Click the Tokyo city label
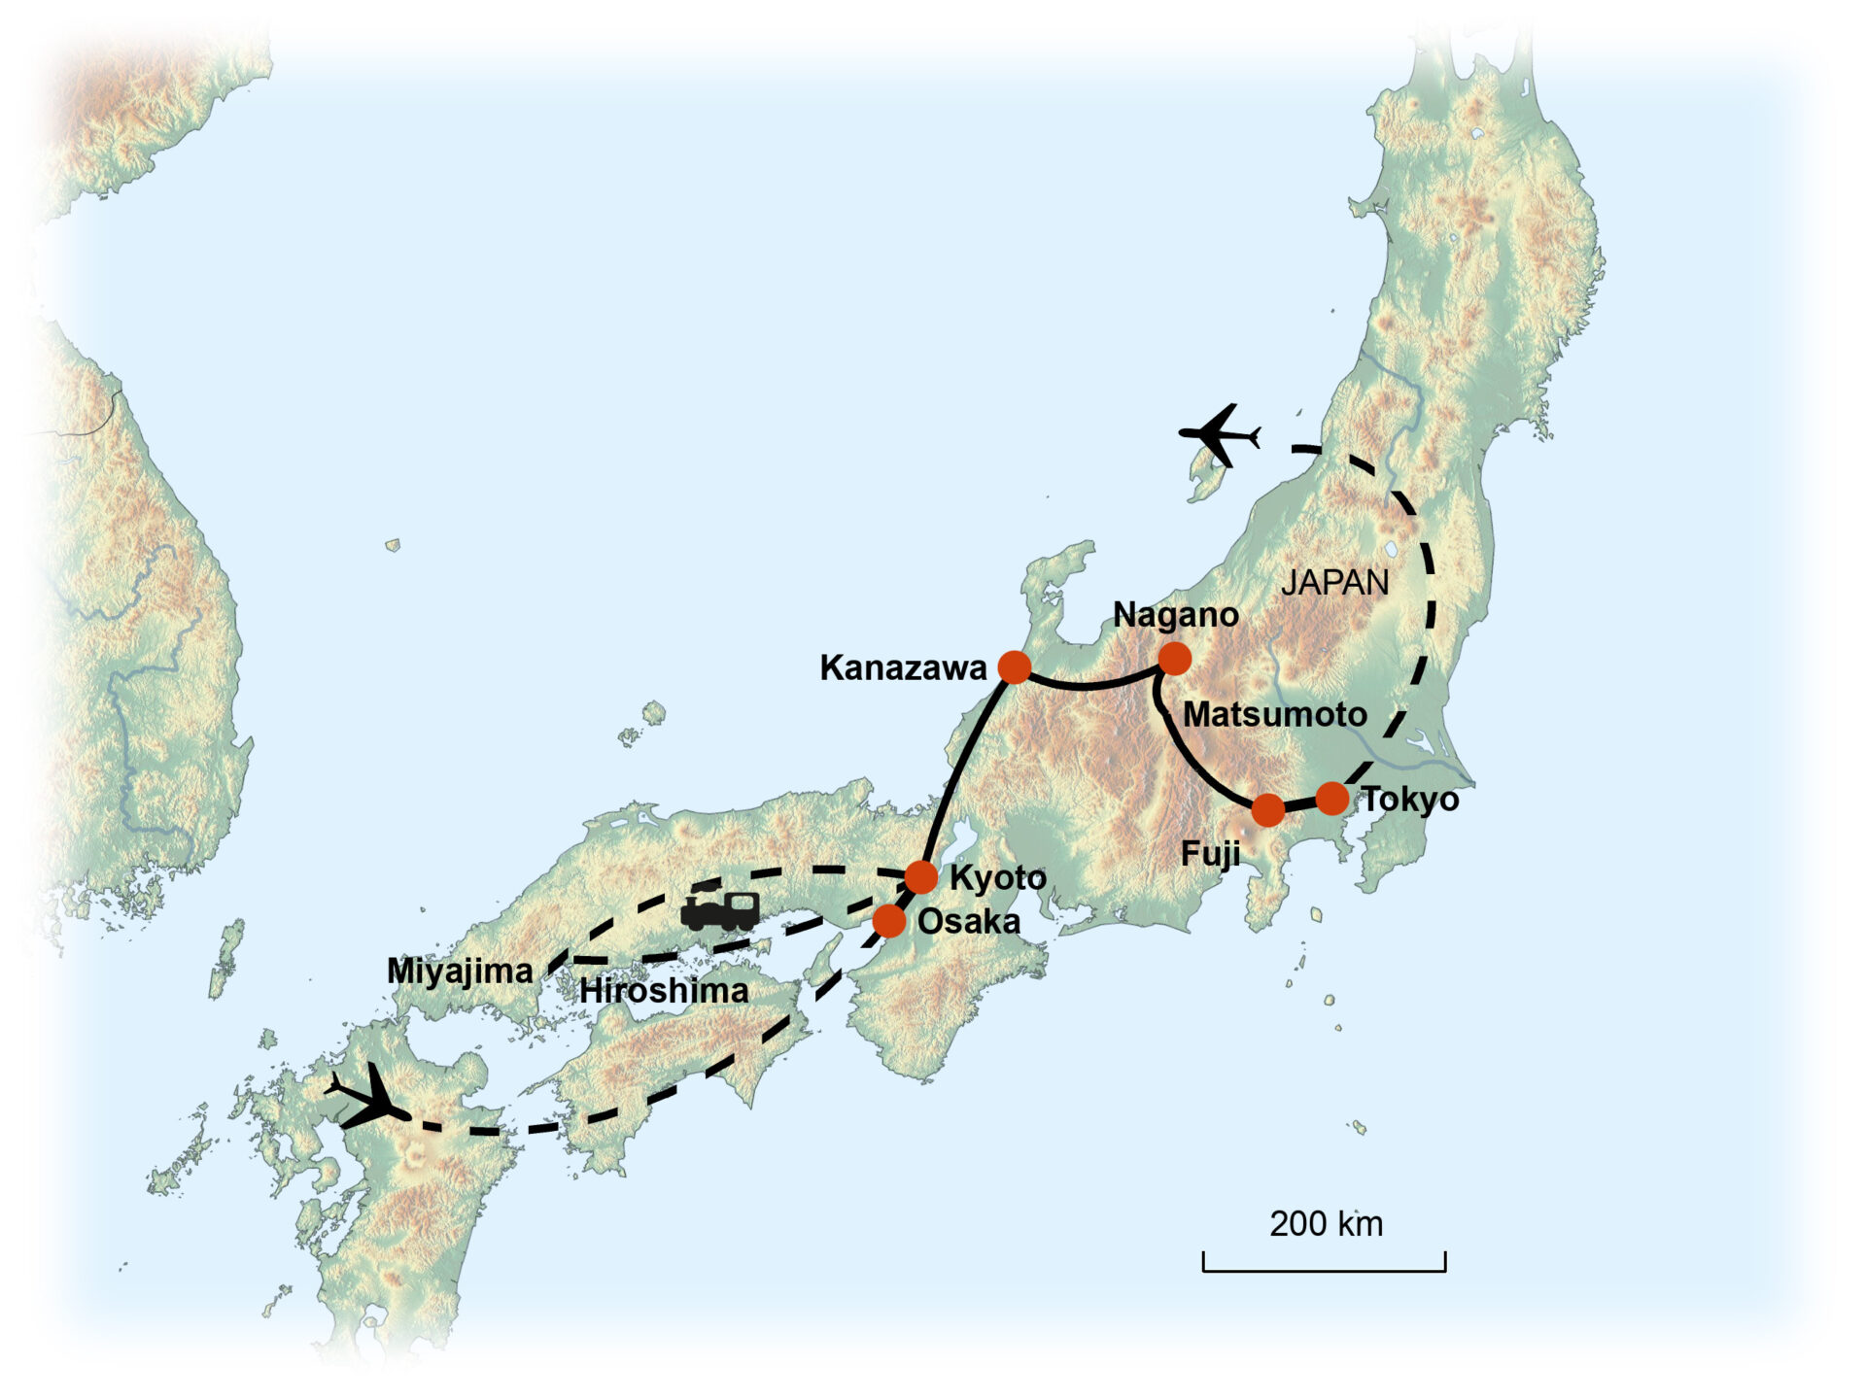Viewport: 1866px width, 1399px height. pos(1409,800)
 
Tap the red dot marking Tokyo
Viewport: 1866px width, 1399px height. pos(1332,799)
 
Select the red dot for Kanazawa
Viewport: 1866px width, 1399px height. pos(1015,667)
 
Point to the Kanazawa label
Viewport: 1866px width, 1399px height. pos(903,668)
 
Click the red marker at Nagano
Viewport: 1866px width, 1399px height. pos(1175,659)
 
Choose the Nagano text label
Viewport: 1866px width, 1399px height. pos(1175,615)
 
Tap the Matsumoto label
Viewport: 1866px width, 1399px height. pos(1274,715)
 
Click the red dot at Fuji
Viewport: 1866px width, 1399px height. pos(1268,809)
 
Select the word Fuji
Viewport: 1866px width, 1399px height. pos(1210,855)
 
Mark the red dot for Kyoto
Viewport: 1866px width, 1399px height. pos(921,876)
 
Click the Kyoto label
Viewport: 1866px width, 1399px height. pos(997,877)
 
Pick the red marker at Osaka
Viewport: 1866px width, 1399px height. pos(889,920)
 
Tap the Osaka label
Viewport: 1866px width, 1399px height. pos(968,922)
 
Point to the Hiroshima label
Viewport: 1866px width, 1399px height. pos(664,991)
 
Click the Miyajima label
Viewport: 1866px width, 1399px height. pos(460,972)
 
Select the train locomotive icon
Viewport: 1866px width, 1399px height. pos(719,909)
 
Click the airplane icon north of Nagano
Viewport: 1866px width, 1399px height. pos(1219,434)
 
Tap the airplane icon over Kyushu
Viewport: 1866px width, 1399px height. pos(368,1098)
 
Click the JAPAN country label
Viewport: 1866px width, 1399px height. pos(1334,583)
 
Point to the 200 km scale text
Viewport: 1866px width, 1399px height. pos(1326,1224)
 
